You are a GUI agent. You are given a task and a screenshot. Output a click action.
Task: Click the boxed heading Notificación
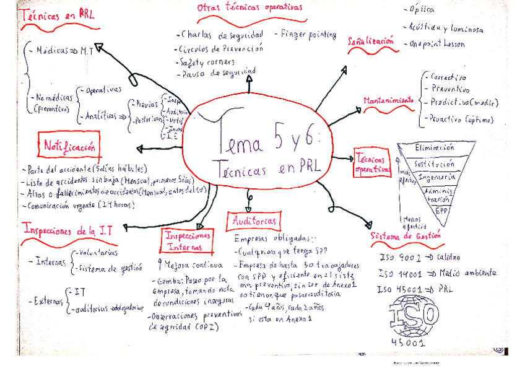point(69,147)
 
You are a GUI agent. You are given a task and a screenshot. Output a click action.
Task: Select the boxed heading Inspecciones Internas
point(188,242)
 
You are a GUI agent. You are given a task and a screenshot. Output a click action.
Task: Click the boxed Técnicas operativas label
point(372,162)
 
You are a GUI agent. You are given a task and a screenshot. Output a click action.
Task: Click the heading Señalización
point(371,41)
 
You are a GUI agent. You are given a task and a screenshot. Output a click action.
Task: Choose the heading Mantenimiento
point(389,100)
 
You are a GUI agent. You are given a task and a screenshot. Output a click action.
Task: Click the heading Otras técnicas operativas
point(249,7)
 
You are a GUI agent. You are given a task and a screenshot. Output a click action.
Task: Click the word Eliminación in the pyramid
point(435,148)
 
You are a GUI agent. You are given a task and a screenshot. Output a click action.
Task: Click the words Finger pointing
point(309,34)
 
